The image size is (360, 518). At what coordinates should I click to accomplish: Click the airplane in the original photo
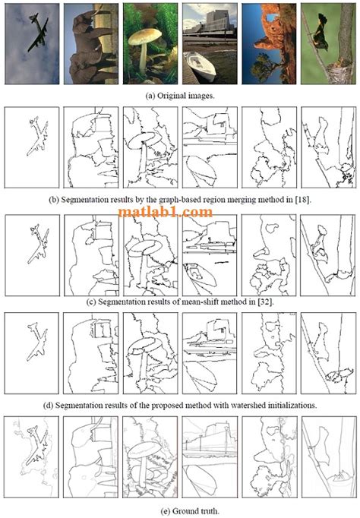tap(36, 36)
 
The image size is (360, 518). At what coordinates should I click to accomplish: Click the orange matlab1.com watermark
tap(166, 213)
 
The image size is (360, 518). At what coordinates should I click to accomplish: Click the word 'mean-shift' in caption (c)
tap(204, 302)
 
